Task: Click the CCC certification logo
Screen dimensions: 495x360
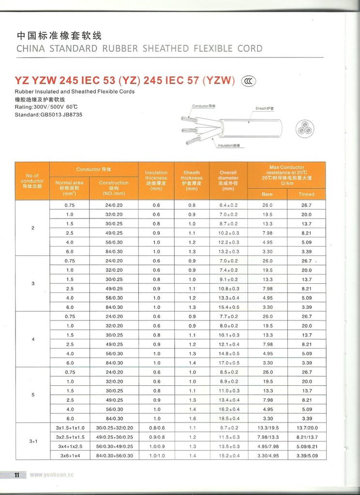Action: (x=250, y=80)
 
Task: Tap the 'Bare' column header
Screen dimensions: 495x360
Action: (x=267, y=194)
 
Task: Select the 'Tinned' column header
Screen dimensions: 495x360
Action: (x=306, y=194)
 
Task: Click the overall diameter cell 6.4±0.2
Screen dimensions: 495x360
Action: (x=228, y=205)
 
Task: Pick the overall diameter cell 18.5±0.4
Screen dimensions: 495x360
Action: (x=228, y=418)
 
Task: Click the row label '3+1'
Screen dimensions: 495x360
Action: (x=33, y=441)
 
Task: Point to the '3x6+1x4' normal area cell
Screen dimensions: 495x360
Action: (x=70, y=455)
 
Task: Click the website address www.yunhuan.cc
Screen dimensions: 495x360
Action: (x=51, y=475)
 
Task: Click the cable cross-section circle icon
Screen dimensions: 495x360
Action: (x=305, y=129)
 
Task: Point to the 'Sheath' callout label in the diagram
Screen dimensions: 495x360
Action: (x=264, y=108)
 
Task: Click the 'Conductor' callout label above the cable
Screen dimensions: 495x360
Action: (x=203, y=105)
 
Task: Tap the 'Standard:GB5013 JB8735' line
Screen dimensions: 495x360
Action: (x=45, y=114)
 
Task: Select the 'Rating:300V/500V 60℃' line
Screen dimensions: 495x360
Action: (x=46, y=106)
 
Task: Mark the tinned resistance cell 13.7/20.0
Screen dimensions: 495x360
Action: (x=306, y=428)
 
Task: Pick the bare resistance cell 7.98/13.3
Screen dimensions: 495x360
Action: (x=267, y=437)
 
